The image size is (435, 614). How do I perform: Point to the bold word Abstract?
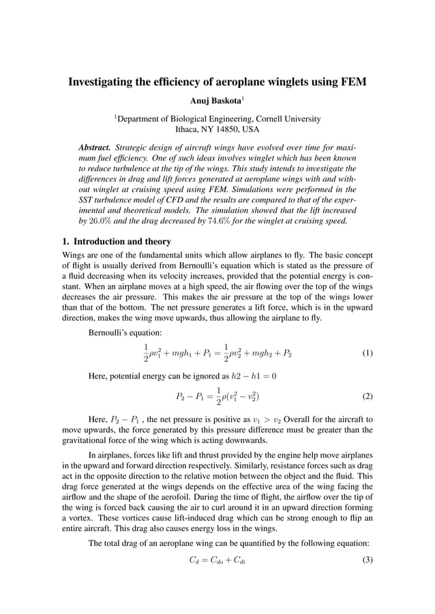95,147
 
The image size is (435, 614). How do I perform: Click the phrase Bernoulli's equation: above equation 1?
125,333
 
